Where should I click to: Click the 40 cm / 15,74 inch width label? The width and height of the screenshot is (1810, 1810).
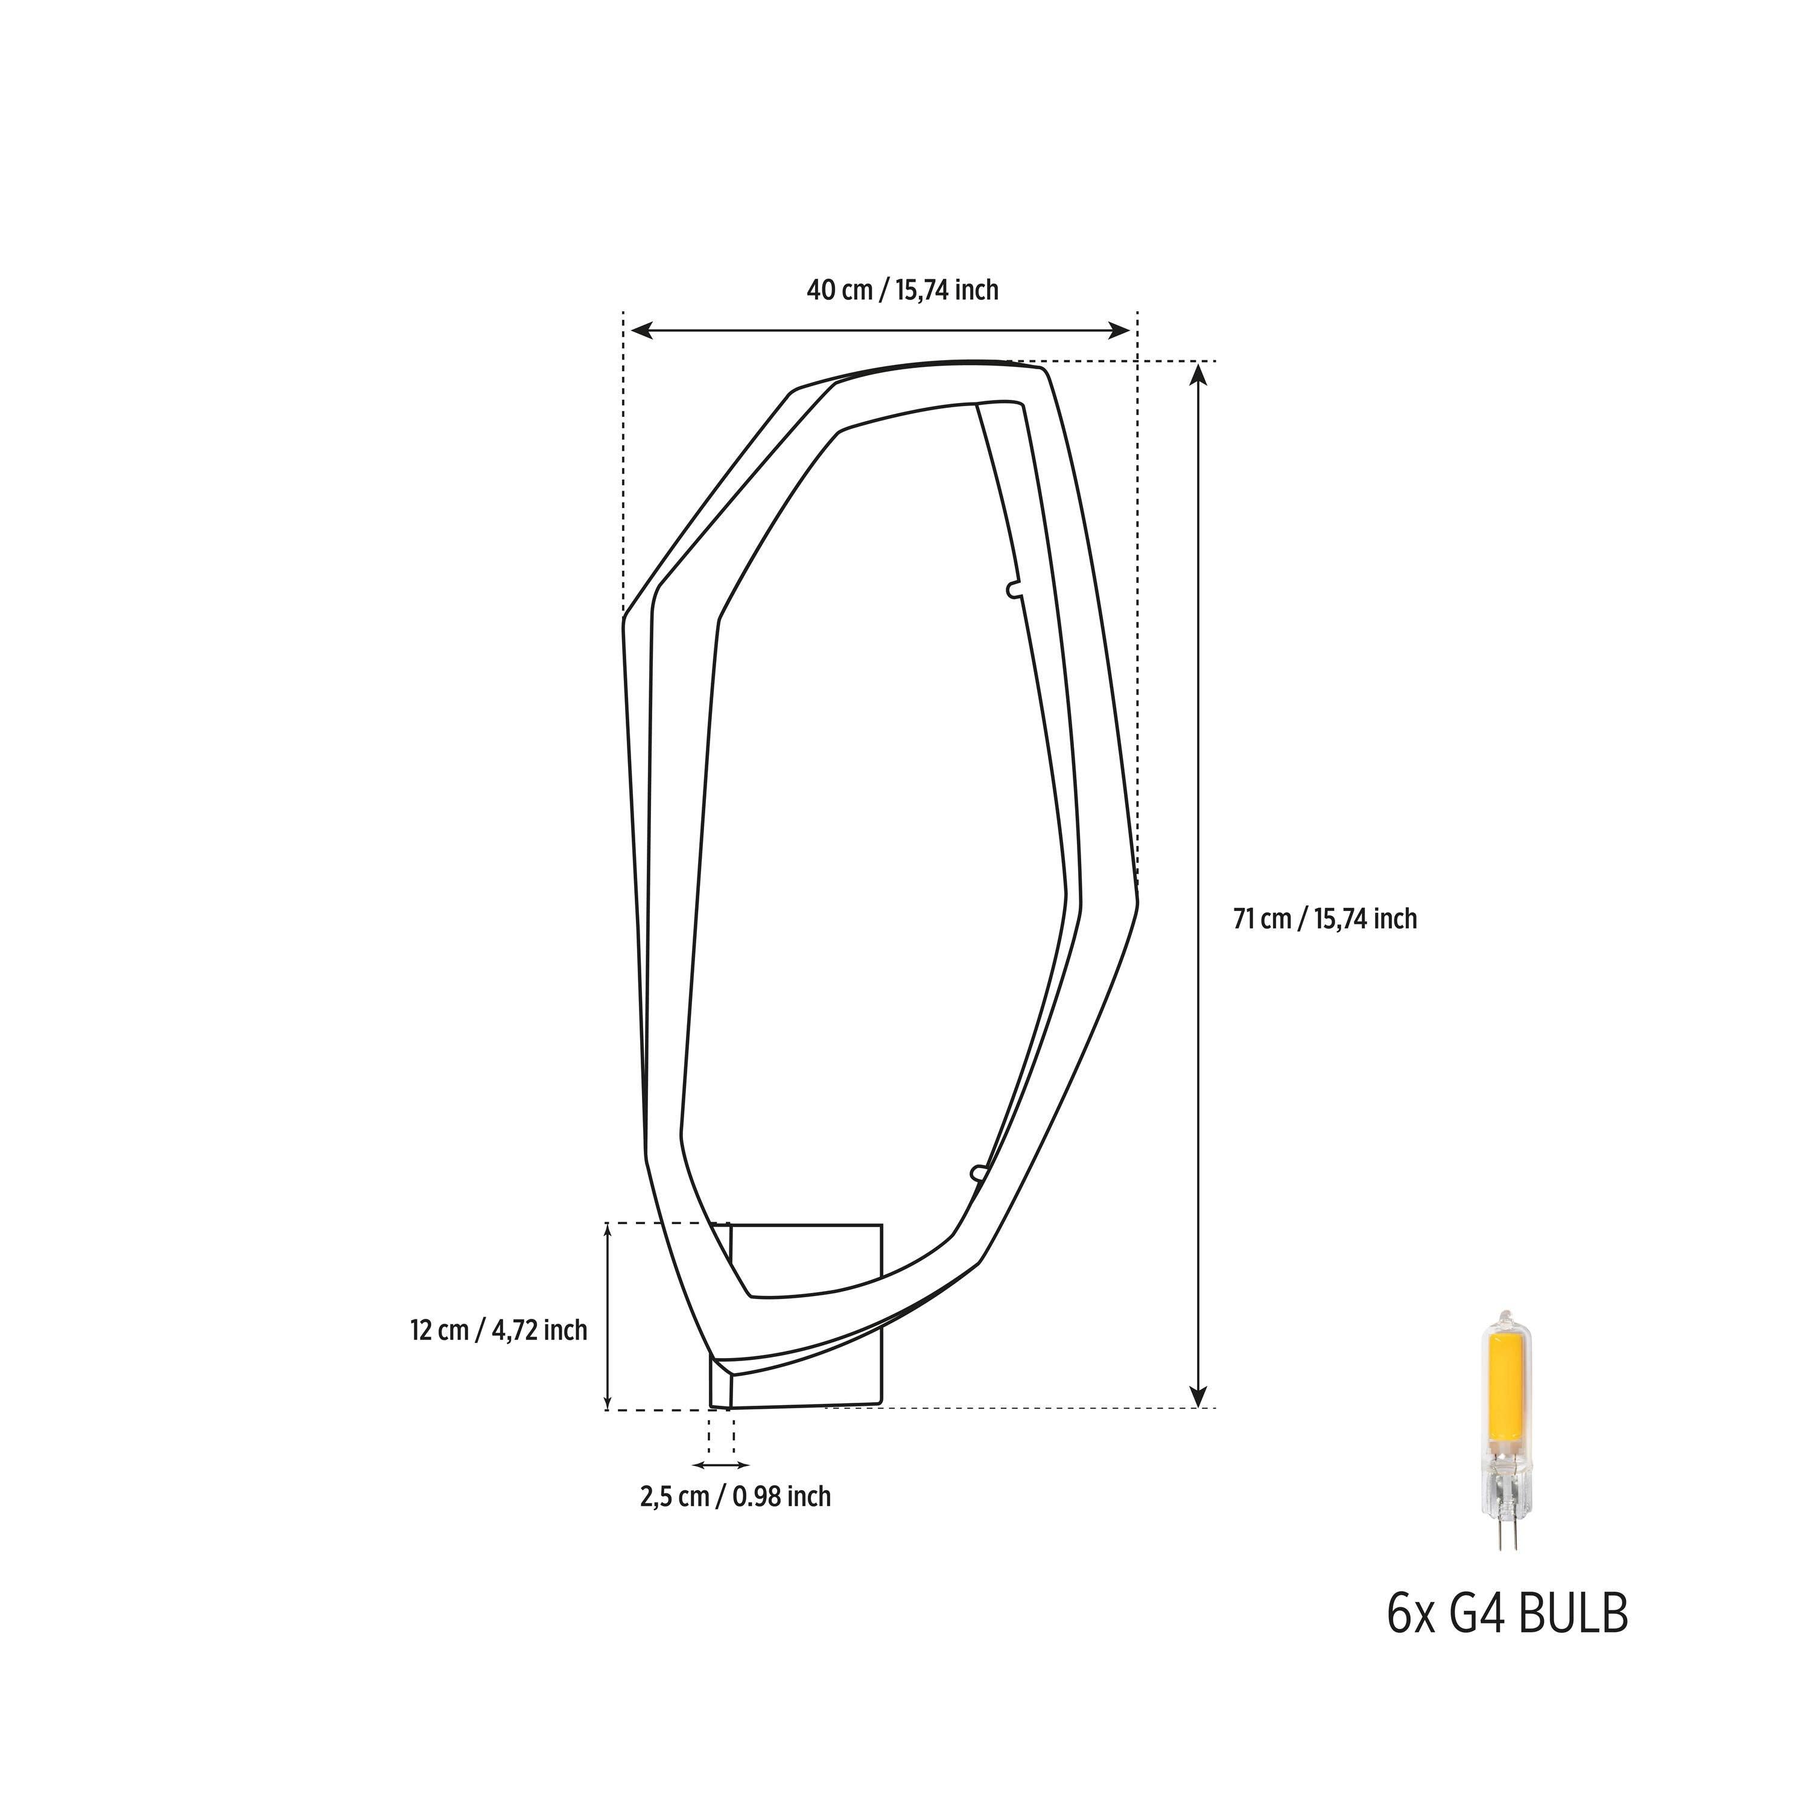click(x=902, y=290)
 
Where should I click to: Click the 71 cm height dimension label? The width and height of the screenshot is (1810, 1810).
click(x=1324, y=919)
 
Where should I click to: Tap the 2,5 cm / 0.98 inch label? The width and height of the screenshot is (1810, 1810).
click(x=735, y=1496)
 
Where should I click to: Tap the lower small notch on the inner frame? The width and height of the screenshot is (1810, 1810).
click(x=978, y=1173)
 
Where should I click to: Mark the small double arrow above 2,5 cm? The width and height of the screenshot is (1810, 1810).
click(x=720, y=1464)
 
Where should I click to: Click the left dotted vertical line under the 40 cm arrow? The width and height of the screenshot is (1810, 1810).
click(x=623, y=459)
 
